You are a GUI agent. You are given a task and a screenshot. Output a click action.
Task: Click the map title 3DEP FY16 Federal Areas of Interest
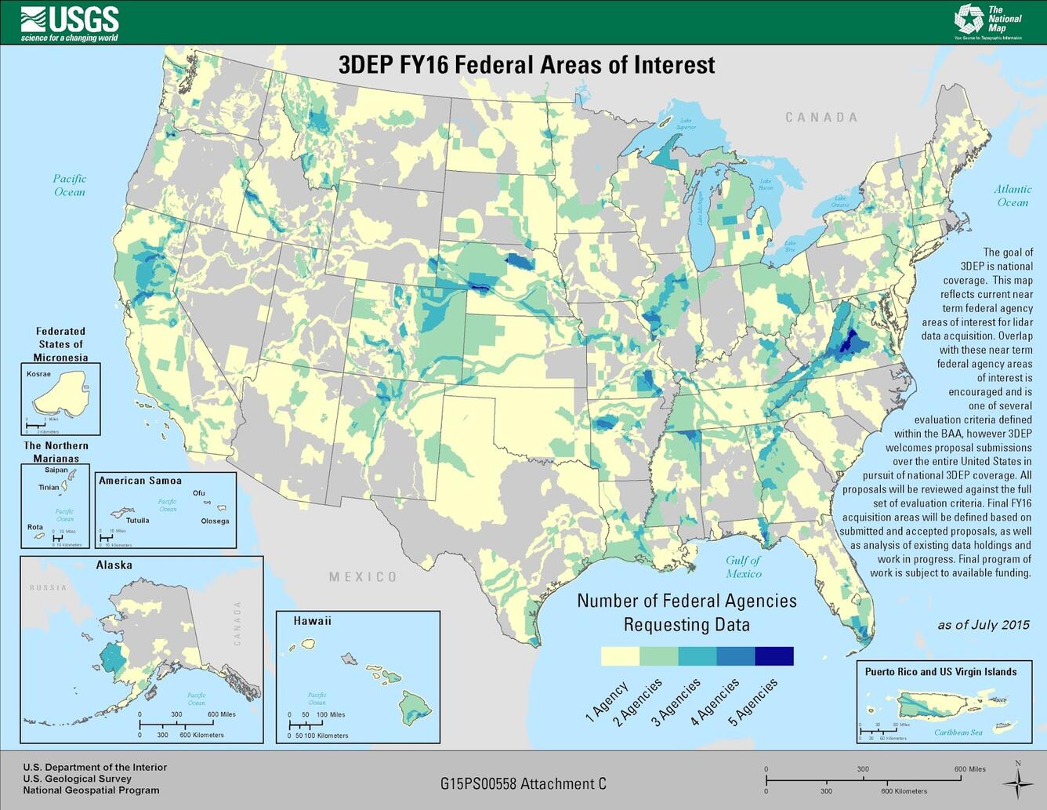point(526,64)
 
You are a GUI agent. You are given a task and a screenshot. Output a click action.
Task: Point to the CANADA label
point(821,117)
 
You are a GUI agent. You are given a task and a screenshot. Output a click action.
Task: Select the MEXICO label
point(362,576)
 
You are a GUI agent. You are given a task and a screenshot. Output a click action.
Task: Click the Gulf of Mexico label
point(743,566)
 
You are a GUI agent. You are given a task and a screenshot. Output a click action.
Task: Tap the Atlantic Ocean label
point(1013,195)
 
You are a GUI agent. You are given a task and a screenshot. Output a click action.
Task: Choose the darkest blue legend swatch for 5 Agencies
point(773,656)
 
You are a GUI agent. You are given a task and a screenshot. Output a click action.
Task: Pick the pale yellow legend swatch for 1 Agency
point(620,656)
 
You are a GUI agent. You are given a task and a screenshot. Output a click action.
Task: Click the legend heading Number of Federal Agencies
point(687,601)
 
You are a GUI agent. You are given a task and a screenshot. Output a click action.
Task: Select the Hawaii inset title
point(312,620)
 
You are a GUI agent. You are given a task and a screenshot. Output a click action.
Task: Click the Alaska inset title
point(114,565)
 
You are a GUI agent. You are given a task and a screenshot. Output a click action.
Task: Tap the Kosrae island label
point(38,374)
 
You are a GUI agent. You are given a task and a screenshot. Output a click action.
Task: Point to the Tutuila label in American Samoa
point(137,520)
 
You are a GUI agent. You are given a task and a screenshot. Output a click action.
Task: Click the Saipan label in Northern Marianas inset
point(56,470)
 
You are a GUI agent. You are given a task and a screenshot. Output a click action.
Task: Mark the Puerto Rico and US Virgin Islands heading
point(940,671)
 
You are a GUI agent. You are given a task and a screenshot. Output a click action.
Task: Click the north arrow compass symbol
point(1017,782)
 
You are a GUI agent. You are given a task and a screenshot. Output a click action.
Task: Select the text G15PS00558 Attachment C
point(523,783)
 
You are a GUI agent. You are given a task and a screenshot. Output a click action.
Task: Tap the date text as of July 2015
point(984,624)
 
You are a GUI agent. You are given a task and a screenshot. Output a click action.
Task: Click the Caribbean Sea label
point(958,732)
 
